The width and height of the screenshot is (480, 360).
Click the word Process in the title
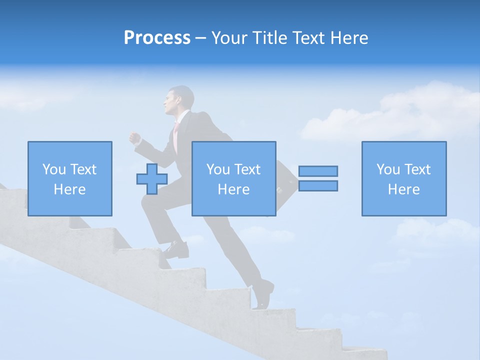click(157, 38)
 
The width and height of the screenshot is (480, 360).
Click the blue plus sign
click(152, 179)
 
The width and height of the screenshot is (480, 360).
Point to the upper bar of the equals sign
click(318, 171)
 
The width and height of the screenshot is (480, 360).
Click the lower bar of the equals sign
click(318, 185)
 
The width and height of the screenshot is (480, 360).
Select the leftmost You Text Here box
click(70, 178)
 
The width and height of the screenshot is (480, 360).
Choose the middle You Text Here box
click(233, 178)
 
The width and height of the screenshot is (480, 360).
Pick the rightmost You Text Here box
click(403, 178)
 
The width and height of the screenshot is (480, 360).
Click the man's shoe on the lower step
click(263, 295)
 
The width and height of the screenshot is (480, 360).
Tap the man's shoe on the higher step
click(176, 248)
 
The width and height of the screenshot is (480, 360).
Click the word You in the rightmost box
click(388, 169)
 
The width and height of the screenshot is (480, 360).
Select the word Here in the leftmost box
click(70, 189)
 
